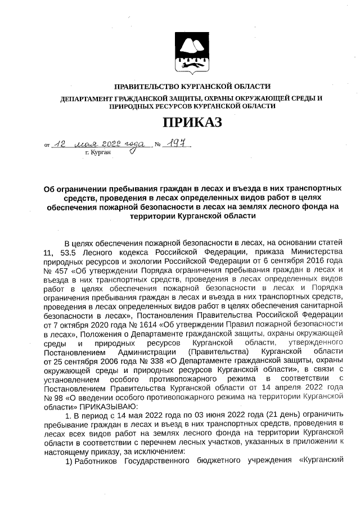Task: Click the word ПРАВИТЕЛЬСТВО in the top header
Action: (x=147, y=87)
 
